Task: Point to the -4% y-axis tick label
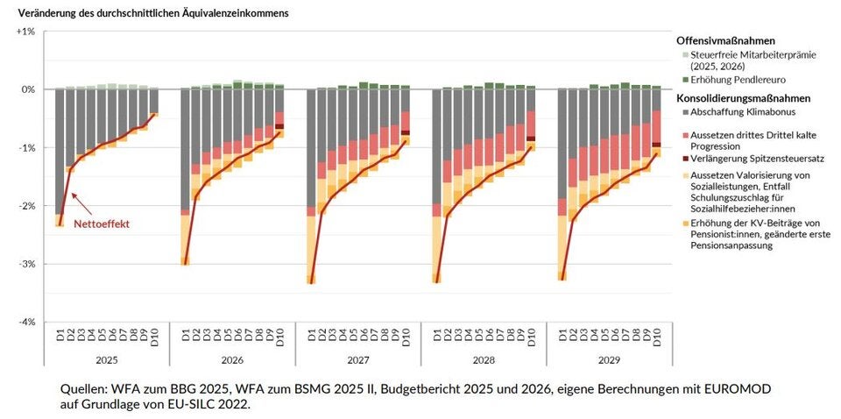[x=25, y=323]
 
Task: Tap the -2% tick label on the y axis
[x=25, y=206]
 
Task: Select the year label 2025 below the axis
[x=106, y=359]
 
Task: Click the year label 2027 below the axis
[x=357, y=359]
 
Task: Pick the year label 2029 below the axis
[x=609, y=359]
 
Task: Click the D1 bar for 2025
[x=60, y=153]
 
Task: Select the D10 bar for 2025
[x=153, y=101]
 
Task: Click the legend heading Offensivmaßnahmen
[x=726, y=40]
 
